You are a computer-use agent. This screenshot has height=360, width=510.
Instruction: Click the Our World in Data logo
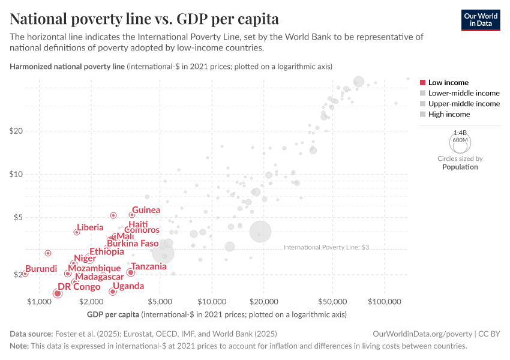click(481, 19)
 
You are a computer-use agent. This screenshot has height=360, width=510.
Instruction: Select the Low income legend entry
click(444, 83)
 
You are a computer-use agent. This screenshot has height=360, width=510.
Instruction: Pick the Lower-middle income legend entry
click(460, 93)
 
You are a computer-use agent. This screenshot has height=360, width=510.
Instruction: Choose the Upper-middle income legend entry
click(460, 104)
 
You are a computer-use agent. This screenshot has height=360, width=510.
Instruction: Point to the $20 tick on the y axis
click(15, 131)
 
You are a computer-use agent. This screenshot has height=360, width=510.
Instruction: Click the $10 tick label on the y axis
click(15, 175)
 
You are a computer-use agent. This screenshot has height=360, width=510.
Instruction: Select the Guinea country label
click(146, 210)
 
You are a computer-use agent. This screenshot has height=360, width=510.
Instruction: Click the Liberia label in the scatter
click(90, 227)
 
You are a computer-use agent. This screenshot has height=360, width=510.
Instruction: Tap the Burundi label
click(41, 269)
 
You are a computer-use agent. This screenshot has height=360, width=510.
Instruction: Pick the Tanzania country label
click(149, 266)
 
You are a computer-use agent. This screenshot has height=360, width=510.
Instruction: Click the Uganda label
click(128, 286)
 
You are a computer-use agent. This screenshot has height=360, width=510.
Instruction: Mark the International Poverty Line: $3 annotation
click(325, 247)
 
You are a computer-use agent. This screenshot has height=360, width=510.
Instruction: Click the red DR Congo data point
click(58, 293)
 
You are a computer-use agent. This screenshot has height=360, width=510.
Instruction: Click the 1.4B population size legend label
click(460, 132)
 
